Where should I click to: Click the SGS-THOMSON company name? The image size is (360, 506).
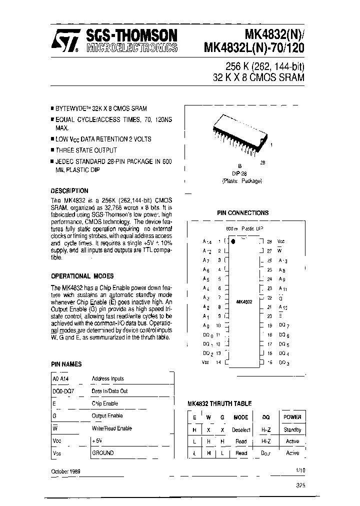pos(131,35)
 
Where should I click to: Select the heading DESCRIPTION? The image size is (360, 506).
pos(70,190)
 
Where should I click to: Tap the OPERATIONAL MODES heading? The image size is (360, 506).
pos(82,275)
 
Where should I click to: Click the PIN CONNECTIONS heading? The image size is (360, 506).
pos(242,212)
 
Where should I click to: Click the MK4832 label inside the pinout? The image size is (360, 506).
pos(243,302)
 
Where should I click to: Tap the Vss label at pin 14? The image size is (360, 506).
pos(206,362)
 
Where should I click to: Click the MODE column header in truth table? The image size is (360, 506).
pos(241,417)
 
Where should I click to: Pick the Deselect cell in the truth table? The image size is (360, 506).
pos(241,429)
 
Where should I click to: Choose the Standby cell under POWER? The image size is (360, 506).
pos(292,429)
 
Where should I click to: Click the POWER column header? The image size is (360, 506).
pos(292,417)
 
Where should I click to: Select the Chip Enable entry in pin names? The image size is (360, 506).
pos(105,403)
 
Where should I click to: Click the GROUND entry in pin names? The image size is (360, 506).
pos(102,452)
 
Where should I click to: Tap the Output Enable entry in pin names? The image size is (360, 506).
pos(107,415)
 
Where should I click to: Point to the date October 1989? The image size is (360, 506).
pos(66,471)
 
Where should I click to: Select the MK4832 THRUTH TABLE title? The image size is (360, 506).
pos(219,403)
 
